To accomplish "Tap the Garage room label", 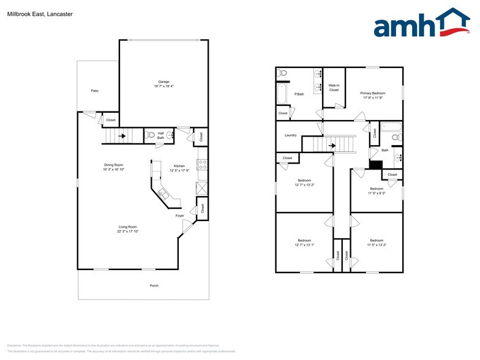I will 163,81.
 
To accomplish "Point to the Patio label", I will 94,91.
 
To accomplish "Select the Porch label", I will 154,285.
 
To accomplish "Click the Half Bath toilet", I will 151,135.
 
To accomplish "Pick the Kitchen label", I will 179,166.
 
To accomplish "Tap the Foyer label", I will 179,216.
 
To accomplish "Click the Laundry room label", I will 291,135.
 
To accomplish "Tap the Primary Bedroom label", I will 373,93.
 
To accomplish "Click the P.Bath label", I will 299,94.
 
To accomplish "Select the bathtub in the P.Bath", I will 282,93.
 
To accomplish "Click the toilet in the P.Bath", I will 282,73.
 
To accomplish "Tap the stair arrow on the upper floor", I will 332,146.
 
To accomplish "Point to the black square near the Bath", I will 375,164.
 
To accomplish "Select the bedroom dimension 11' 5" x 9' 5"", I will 377,193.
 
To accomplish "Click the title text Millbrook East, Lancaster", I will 31,13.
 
